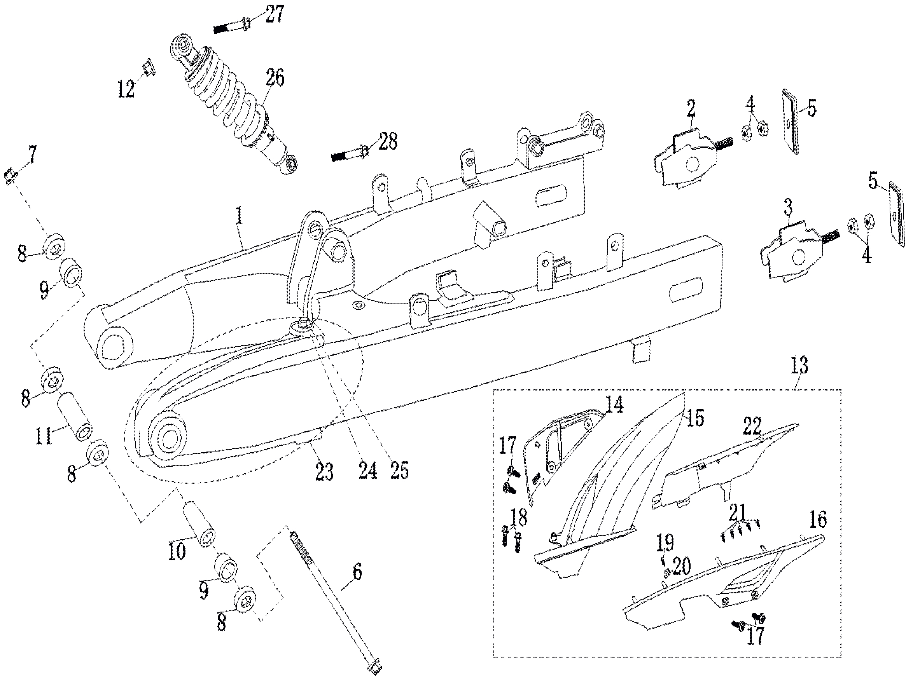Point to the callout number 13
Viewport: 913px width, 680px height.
click(x=799, y=365)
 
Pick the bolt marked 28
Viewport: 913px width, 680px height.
click(x=350, y=154)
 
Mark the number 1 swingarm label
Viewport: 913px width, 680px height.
click(x=239, y=216)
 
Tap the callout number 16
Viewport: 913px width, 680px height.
click(x=817, y=520)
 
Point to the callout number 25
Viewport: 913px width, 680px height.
click(x=399, y=470)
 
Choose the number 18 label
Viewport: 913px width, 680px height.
click(x=519, y=518)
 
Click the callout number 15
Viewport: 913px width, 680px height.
click(x=694, y=417)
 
